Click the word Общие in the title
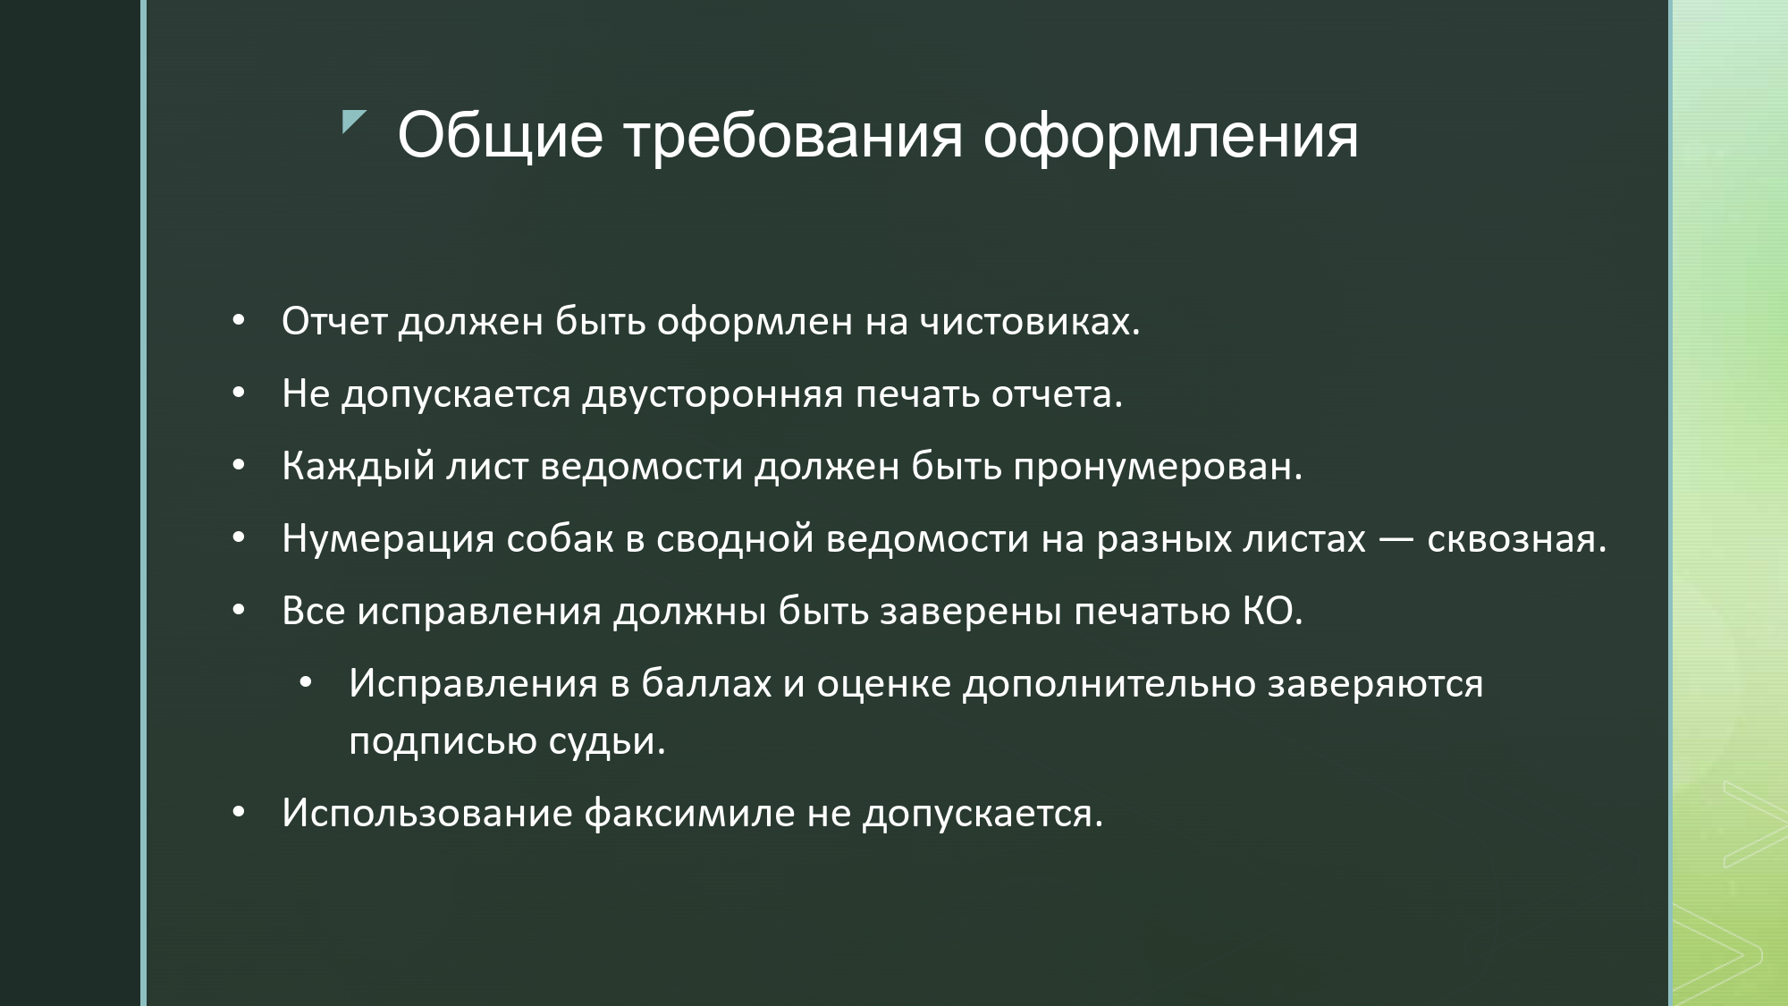[501, 137]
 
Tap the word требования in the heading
[793, 139]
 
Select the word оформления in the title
[1171, 139]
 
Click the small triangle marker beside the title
[353, 122]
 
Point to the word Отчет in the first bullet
[334, 321]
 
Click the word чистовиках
[1031, 321]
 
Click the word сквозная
[1516, 539]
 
